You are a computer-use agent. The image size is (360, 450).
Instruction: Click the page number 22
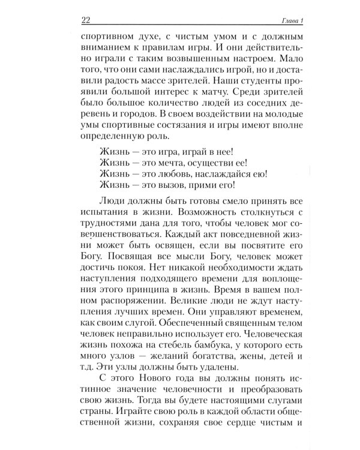click(x=85, y=22)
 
